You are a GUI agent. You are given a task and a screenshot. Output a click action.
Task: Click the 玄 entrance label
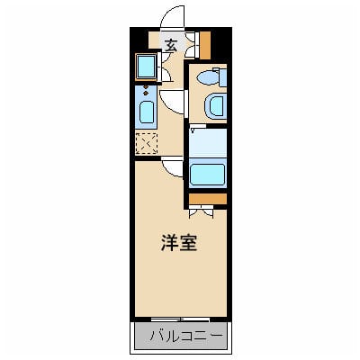click(x=170, y=43)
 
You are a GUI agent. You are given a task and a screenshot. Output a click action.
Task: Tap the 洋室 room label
click(x=180, y=243)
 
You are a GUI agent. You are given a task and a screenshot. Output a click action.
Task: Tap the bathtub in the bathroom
click(x=208, y=173)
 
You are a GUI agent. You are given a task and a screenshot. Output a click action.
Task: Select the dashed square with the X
click(x=145, y=143)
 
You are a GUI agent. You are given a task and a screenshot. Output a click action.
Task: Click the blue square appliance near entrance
click(x=144, y=66)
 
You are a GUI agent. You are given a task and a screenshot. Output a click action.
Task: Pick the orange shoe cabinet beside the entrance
click(x=205, y=43)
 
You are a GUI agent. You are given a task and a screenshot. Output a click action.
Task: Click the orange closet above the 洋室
click(x=208, y=198)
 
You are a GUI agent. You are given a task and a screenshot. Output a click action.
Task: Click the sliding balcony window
click(x=180, y=319)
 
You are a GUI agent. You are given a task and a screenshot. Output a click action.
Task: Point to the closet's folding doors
click(x=202, y=212)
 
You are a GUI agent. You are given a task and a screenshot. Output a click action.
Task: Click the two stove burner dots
click(x=146, y=91)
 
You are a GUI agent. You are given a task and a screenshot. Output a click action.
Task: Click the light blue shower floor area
click(x=208, y=143)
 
